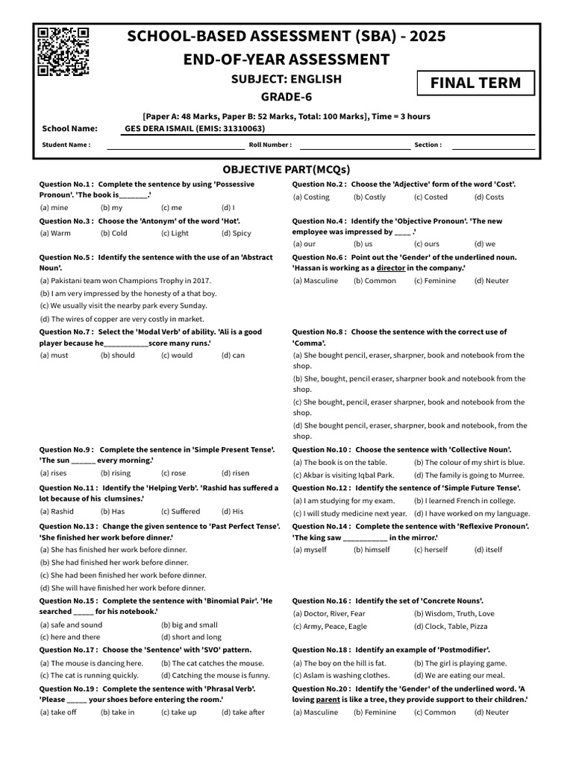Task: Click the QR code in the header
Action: pyautogui.click(x=63, y=51)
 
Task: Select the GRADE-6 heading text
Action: pyautogui.click(x=286, y=97)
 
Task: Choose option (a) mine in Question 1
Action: pyautogui.click(x=54, y=208)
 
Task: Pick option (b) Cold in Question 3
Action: pyautogui.click(x=113, y=233)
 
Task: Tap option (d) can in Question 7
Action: pyautogui.click(x=233, y=355)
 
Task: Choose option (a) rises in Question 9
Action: pyautogui.click(x=53, y=472)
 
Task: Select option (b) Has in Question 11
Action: pyautogui.click(x=113, y=511)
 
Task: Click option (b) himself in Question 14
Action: pyautogui.click(x=372, y=549)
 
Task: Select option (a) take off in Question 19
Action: pyautogui.click(x=57, y=712)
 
